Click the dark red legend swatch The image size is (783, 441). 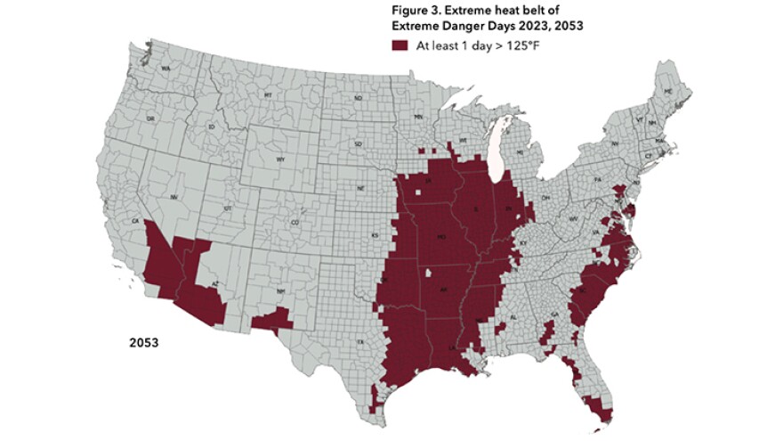[x=401, y=45]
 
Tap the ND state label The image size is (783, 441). [x=359, y=98]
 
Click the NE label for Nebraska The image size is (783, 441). [x=360, y=189]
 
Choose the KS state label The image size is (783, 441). [x=375, y=235]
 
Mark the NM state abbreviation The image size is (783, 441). [x=281, y=291]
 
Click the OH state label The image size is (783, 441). [x=545, y=197]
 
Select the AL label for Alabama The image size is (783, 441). [x=513, y=316]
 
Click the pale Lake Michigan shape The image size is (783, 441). [x=501, y=151]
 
